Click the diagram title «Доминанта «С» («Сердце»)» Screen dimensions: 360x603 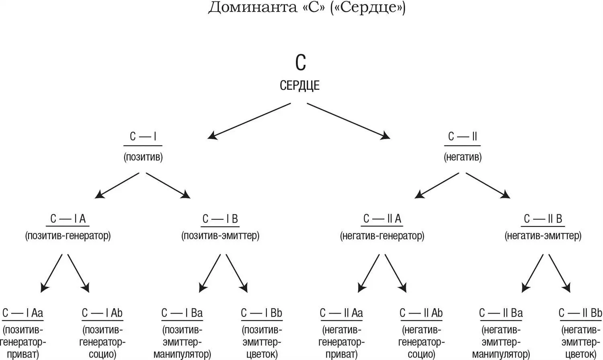(x=306, y=8)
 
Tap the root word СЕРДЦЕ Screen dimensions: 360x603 (x=299, y=85)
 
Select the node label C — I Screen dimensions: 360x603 (x=143, y=137)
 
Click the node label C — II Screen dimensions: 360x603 (x=462, y=137)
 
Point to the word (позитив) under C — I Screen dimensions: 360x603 (x=143, y=157)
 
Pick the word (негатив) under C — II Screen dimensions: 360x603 (x=462, y=157)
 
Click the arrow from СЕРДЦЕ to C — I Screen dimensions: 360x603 (x=249, y=121)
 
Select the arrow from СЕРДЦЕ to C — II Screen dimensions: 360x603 (x=348, y=121)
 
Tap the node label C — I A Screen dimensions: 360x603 (x=68, y=219)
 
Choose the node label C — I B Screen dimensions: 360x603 (x=220, y=219)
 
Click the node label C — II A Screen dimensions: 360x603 (x=382, y=219)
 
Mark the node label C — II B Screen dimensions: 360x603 (x=543, y=219)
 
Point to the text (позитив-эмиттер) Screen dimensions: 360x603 (x=220, y=236)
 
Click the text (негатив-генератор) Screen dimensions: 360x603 (x=382, y=236)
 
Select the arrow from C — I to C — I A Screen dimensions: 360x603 (x=117, y=185)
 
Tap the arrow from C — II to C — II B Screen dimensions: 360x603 (x=488, y=185)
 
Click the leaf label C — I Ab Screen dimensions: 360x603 (x=102, y=313)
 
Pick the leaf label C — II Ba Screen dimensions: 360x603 (x=501, y=313)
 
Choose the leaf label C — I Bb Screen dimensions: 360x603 (x=261, y=313)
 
